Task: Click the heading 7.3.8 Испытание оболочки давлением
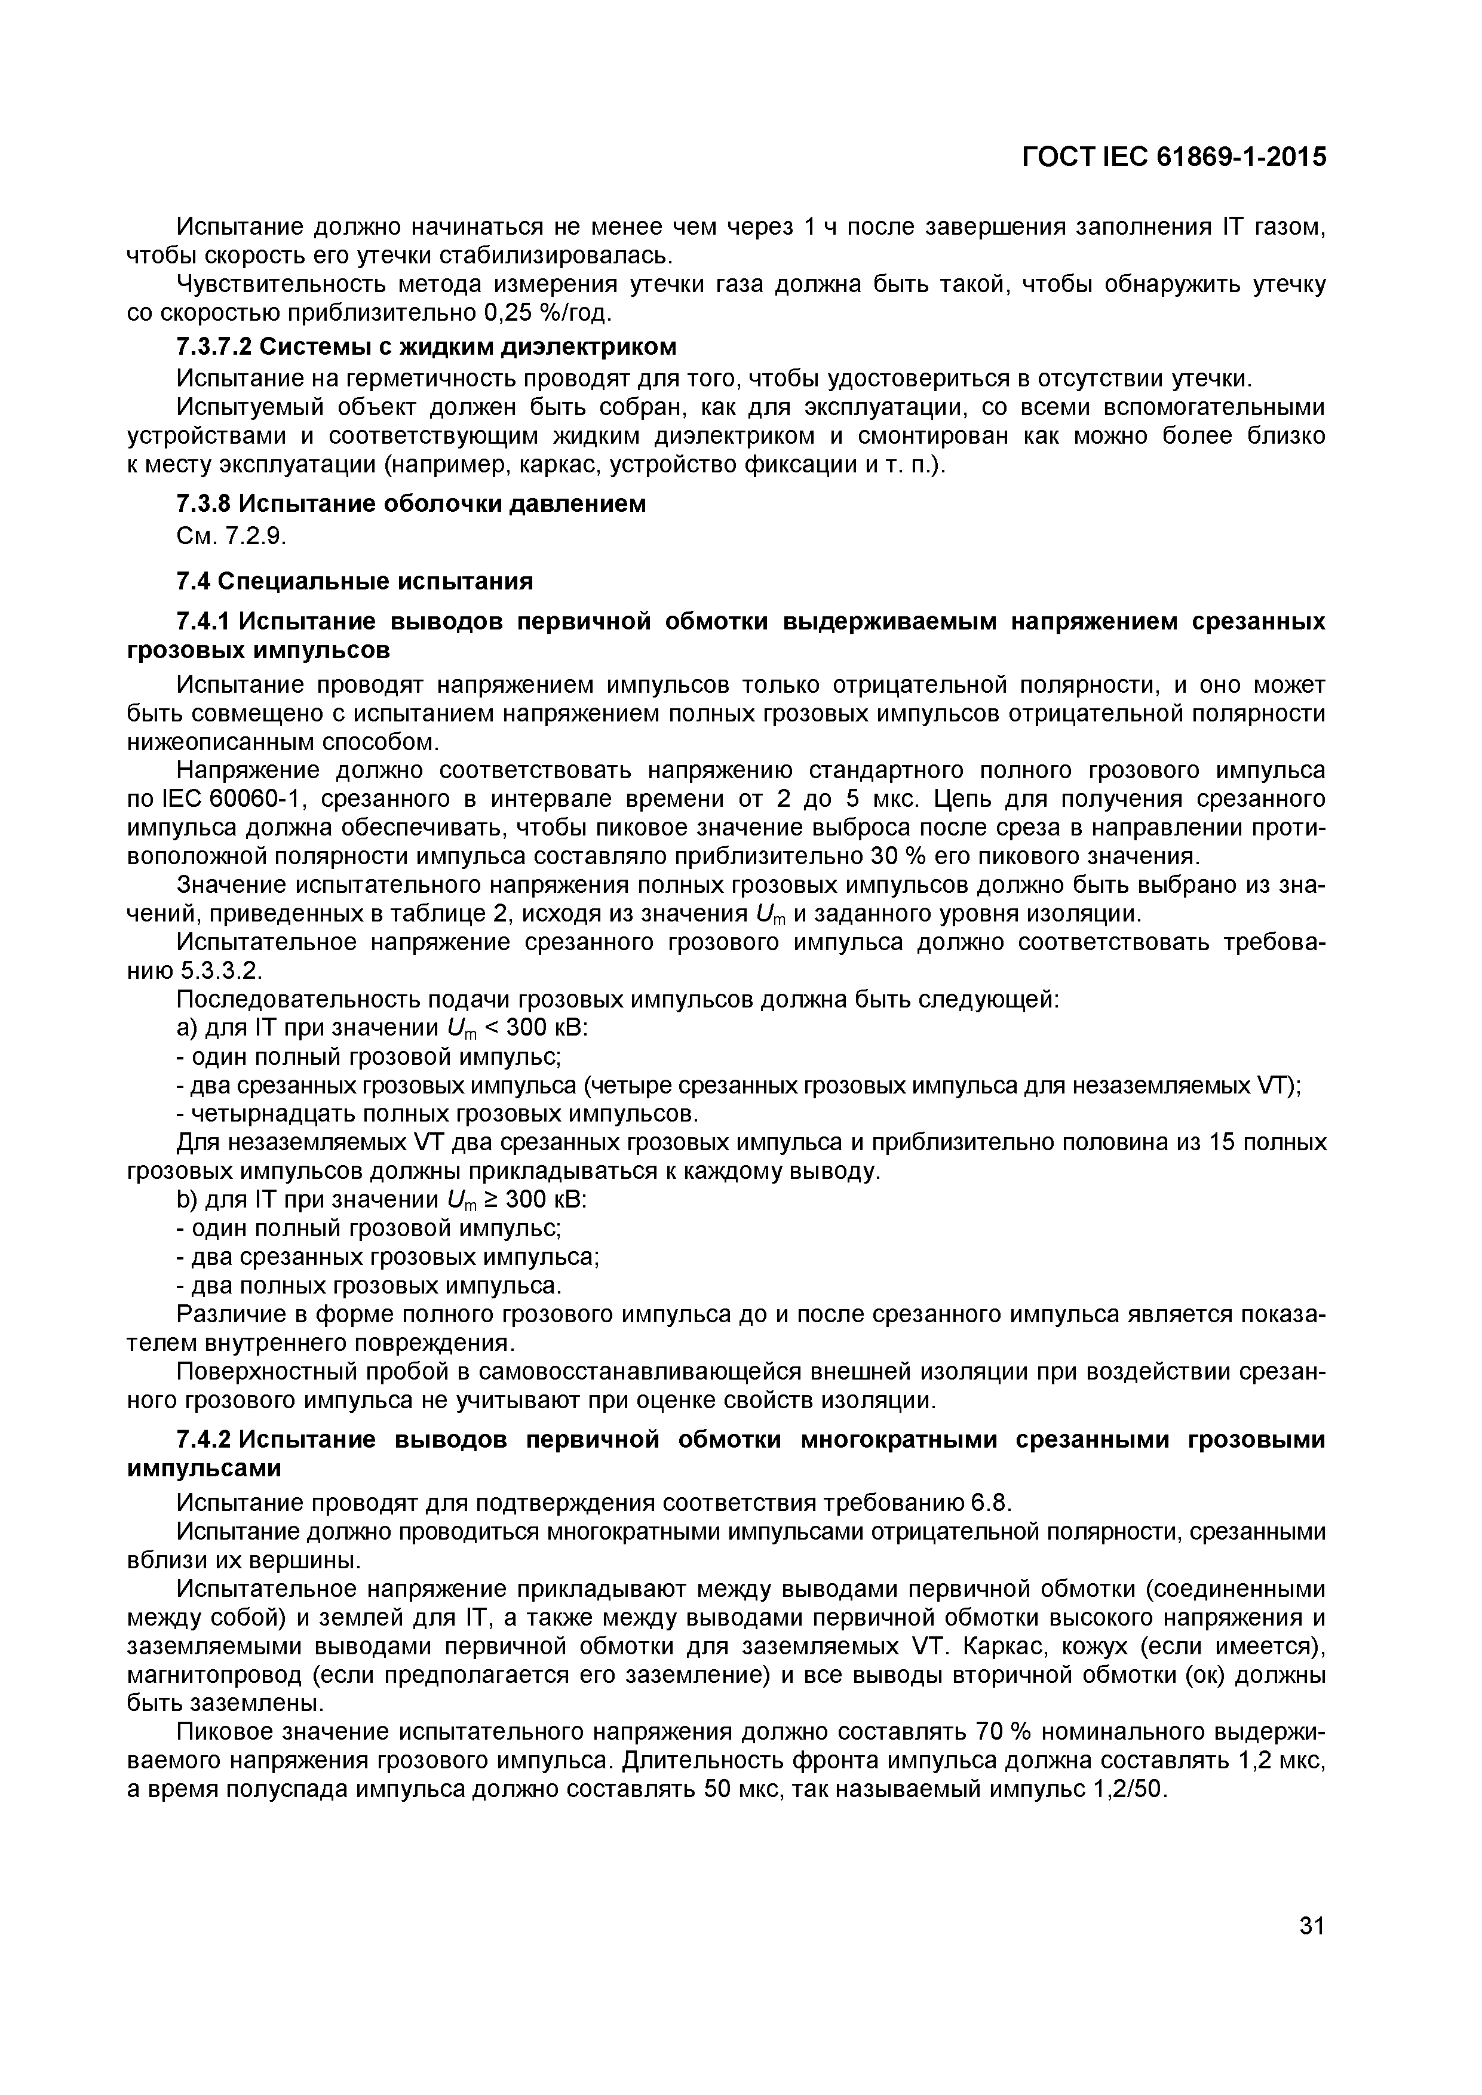click(x=410, y=503)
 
